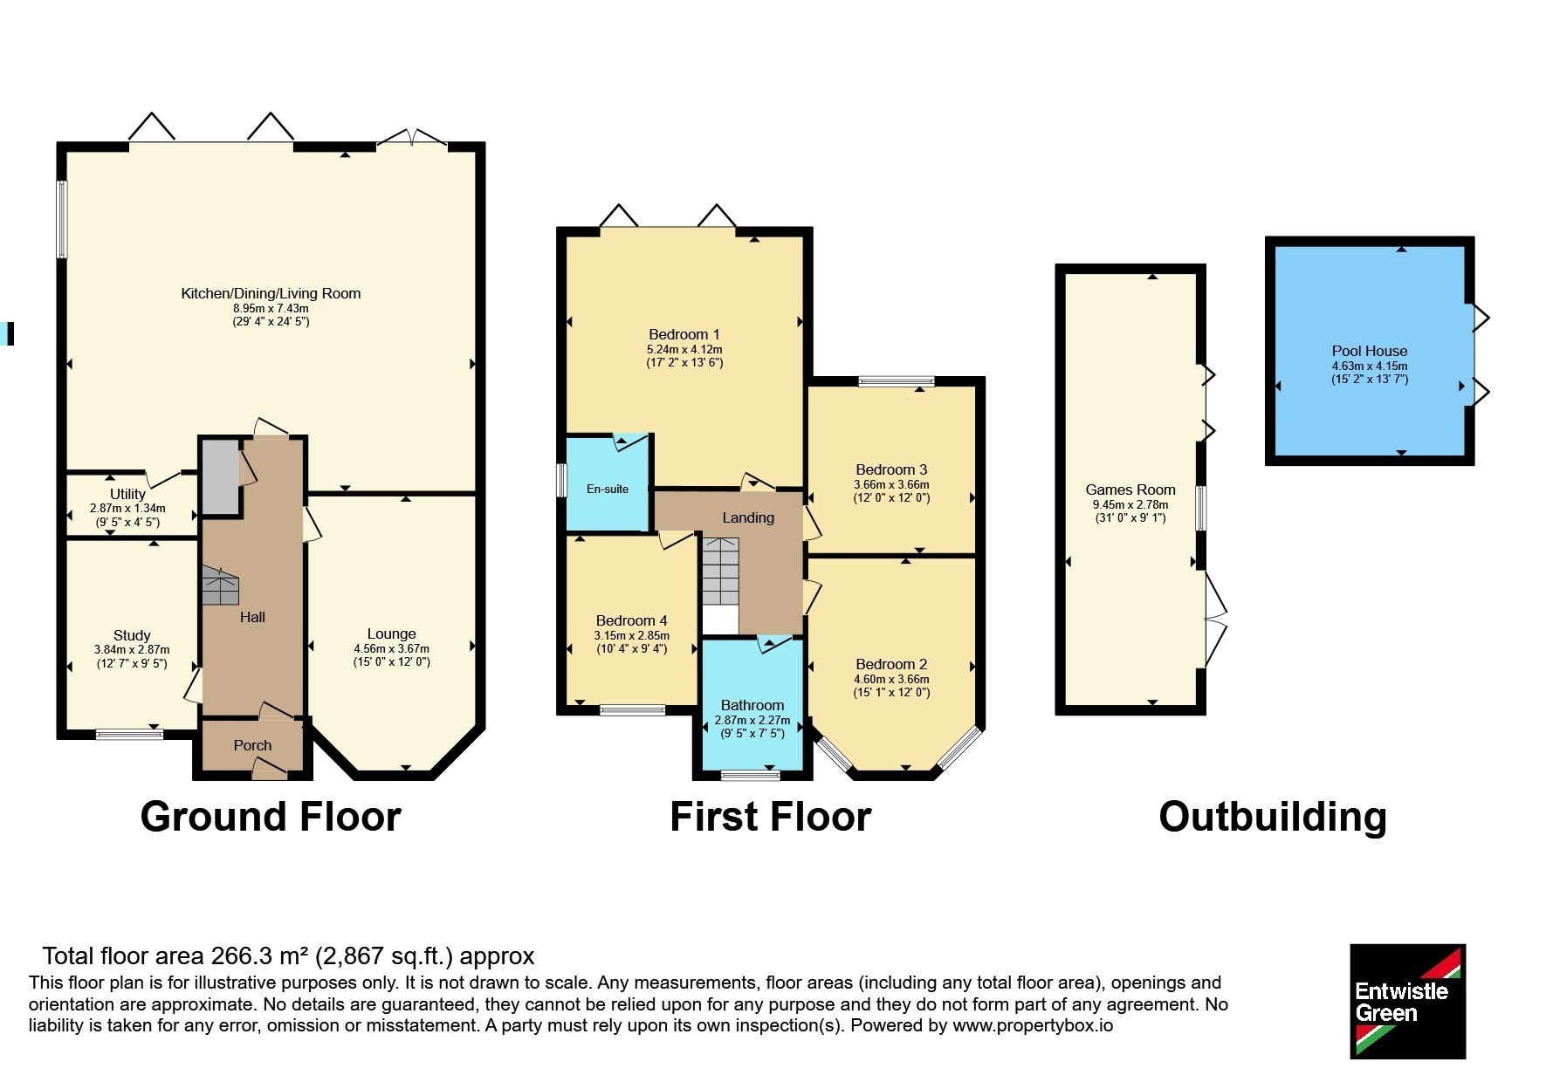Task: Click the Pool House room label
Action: [x=1369, y=351]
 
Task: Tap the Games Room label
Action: [x=1130, y=490]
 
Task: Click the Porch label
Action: [x=252, y=745]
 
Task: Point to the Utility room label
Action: [x=127, y=494]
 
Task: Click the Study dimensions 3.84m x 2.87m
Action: [x=132, y=649]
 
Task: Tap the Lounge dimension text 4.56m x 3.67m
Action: [x=391, y=648]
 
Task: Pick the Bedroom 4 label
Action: [x=631, y=620]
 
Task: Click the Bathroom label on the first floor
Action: [x=752, y=705]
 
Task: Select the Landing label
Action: [x=748, y=517]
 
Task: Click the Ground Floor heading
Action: [x=271, y=817]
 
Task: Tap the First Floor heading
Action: [x=771, y=817]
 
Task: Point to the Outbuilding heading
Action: [x=1273, y=817]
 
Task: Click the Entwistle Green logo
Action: [x=1407, y=1001]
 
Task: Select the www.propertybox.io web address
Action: [x=1033, y=1025]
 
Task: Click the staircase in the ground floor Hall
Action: [x=220, y=586]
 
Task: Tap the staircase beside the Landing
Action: [x=720, y=572]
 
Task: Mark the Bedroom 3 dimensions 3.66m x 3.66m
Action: [x=891, y=484]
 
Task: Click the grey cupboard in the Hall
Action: [x=221, y=477]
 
